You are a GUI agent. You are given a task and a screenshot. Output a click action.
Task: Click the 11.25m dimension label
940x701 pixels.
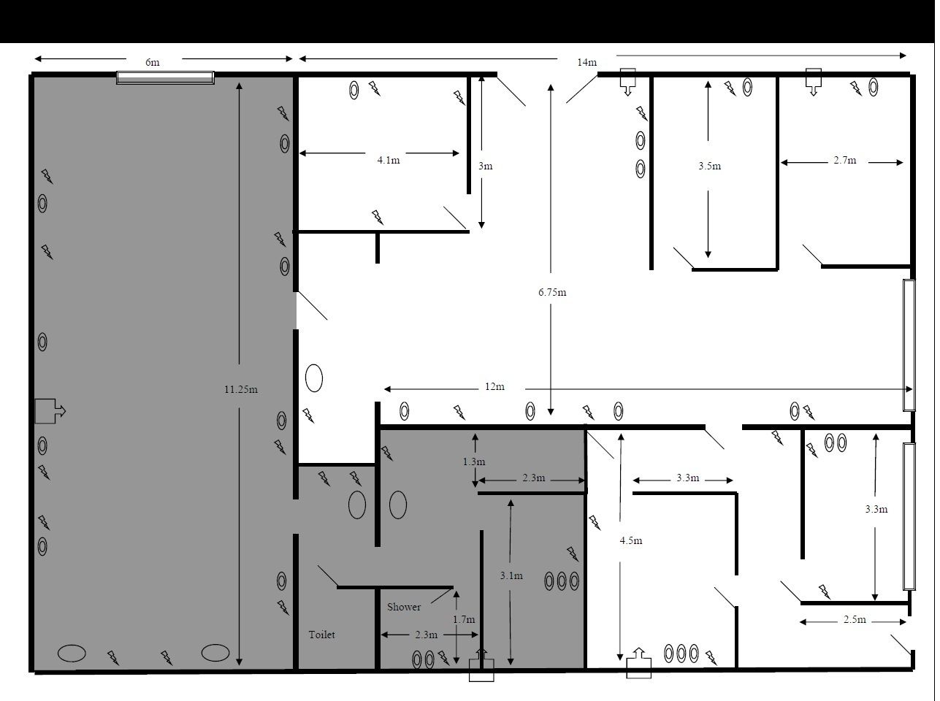pos(241,389)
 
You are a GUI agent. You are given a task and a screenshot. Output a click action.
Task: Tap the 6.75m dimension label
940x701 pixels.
pos(552,292)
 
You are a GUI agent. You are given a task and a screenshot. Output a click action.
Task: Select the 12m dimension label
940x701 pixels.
pos(494,386)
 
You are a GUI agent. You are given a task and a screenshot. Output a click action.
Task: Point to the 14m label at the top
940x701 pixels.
pos(586,62)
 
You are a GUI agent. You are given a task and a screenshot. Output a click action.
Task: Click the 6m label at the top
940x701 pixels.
pos(153,62)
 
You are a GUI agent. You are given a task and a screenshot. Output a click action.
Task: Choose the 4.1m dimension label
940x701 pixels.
pos(389,160)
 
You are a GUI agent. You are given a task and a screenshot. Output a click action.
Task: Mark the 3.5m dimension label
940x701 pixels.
pos(710,166)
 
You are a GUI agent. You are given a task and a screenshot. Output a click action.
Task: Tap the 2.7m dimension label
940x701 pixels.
pos(845,160)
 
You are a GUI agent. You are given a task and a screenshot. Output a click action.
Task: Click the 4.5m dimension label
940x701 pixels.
pos(631,540)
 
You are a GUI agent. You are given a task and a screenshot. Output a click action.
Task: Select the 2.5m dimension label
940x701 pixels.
pos(855,619)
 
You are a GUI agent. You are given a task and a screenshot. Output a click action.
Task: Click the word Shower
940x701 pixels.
pos(404,607)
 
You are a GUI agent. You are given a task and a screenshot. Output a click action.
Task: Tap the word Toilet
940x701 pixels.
pos(321,635)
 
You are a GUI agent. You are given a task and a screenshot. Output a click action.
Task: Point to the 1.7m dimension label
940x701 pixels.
pos(464,619)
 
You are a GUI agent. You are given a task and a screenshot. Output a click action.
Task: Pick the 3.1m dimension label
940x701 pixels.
pos(511,575)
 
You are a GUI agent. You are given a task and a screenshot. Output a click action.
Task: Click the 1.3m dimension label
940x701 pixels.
pos(474,461)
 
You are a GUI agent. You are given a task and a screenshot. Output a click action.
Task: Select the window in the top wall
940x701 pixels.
pos(165,77)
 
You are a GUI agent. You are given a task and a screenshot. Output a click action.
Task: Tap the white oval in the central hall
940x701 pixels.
pos(314,378)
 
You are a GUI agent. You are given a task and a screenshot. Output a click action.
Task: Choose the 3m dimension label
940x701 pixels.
pos(485,166)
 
